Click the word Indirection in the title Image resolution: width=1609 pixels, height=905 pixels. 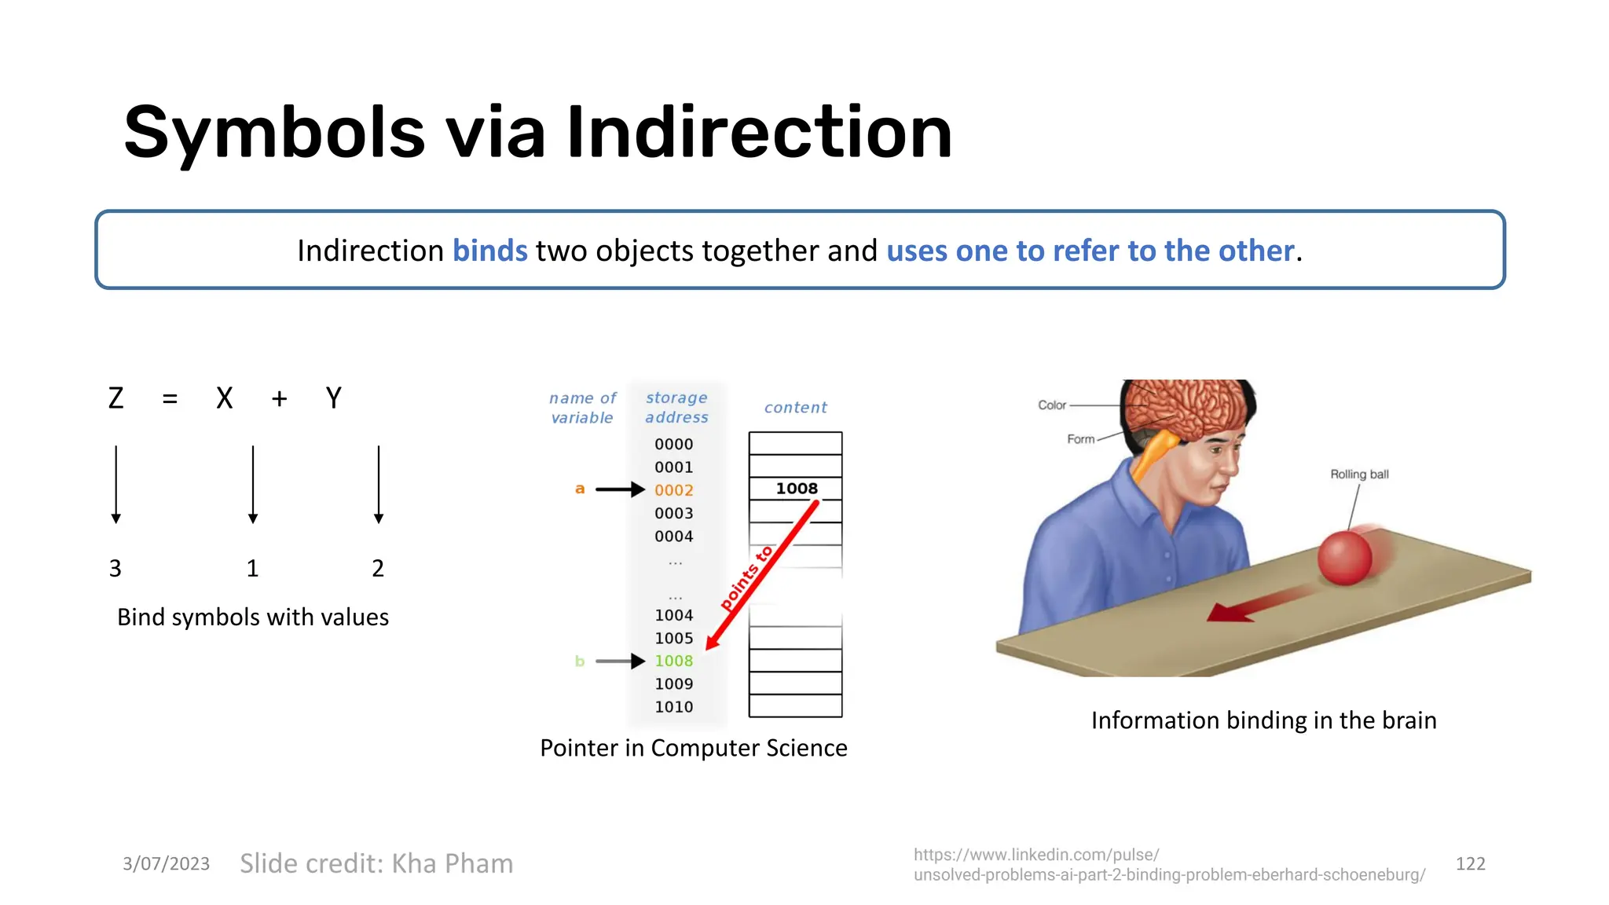click(x=759, y=132)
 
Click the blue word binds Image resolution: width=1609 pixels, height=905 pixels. click(x=489, y=251)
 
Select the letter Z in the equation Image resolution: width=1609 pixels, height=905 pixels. click(x=116, y=398)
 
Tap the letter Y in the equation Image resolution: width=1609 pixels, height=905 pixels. click(x=334, y=398)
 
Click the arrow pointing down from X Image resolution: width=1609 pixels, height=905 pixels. click(x=253, y=484)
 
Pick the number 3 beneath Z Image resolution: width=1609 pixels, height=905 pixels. click(x=115, y=568)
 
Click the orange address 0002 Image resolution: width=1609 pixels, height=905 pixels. click(x=673, y=490)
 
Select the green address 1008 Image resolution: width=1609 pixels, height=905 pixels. click(x=673, y=661)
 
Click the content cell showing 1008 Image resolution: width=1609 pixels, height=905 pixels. click(x=796, y=489)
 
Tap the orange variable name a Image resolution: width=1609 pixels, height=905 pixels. click(x=580, y=489)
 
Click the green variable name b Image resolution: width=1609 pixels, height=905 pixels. click(x=580, y=661)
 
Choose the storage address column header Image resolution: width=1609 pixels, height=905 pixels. click(x=676, y=408)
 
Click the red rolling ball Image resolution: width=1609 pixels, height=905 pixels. click(x=1345, y=557)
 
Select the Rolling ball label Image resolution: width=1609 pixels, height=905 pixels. click(x=1359, y=474)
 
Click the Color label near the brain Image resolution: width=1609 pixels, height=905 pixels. click(x=1052, y=405)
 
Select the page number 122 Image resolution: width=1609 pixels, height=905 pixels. click(x=1470, y=864)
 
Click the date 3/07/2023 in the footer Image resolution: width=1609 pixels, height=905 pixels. click(x=166, y=864)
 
